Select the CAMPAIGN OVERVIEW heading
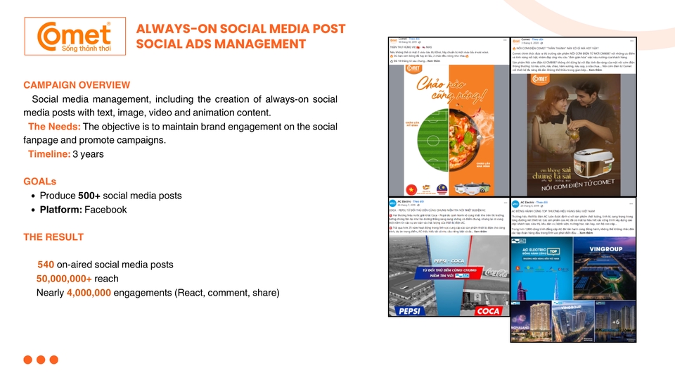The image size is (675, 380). point(77,85)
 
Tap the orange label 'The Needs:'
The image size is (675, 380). point(53,127)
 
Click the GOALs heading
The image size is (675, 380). point(39,182)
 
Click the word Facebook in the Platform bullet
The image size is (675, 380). point(105,210)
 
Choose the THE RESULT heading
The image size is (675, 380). point(53,237)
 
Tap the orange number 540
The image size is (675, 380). point(46,265)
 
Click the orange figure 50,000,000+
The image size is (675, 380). point(64,279)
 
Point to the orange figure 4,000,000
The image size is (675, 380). point(89,293)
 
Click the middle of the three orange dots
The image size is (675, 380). point(41,360)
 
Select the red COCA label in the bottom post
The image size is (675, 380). point(487,310)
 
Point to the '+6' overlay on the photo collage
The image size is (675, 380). point(615,322)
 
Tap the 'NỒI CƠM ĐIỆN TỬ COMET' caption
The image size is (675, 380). point(572,188)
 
